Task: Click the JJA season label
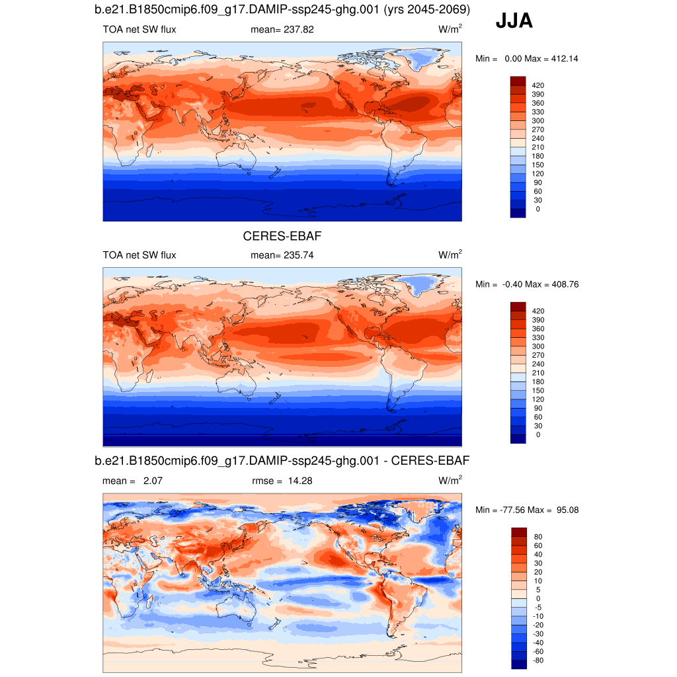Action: (x=514, y=22)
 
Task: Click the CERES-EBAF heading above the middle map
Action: (x=282, y=236)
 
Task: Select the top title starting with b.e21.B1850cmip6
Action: (x=282, y=11)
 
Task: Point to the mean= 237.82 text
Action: (x=282, y=30)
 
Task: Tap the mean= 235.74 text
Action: (x=282, y=255)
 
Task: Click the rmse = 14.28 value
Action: (x=282, y=481)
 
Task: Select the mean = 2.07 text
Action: (x=132, y=481)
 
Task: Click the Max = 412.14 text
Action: (x=551, y=59)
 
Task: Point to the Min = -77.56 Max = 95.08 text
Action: (x=527, y=510)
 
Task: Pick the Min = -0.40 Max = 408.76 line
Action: (x=527, y=284)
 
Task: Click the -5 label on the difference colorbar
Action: (x=538, y=607)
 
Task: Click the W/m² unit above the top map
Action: (x=450, y=30)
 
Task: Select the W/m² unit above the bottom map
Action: (x=450, y=481)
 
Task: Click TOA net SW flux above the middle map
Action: (x=139, y=255)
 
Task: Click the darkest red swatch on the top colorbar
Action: (x=518, y=81)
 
